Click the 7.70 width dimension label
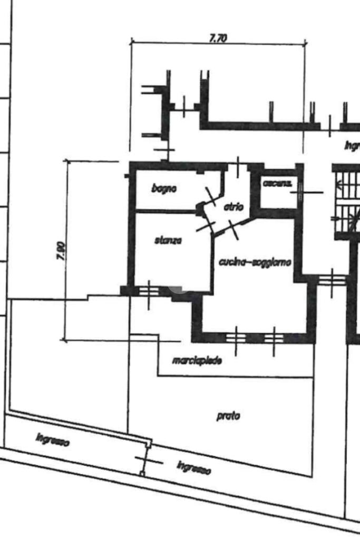click(x=218, y=38)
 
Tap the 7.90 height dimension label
click(x=61, y=251)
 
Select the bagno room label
click(x=164, y=188)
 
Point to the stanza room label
click(x=168, y=240)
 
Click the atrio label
click(x=233, y=207)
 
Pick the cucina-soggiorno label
click(x=255, y=262)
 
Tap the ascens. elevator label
click(x=277, y=183)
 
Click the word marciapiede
click(x=197, y=361)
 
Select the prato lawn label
click(x=228, y=416)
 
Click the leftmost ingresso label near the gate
click(x=53, y=439)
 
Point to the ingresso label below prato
click(x=194, y=467)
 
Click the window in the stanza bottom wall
click(x=149, y=290)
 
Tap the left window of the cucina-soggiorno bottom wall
click(x=236, y=337)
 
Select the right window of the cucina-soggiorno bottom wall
click(x=274, y=337)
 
